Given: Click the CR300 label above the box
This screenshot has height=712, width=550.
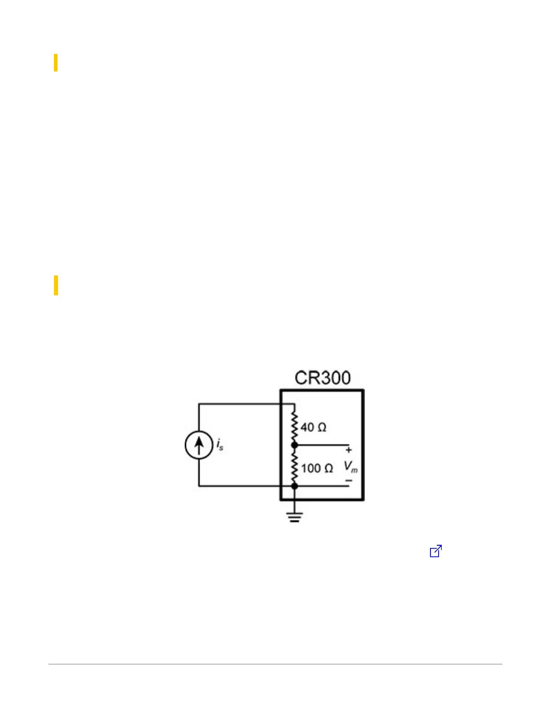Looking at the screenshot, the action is point(322,378).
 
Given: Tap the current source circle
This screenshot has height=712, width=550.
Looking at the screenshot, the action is point(199,431).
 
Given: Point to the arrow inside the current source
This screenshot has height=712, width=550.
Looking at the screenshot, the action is point(199,444).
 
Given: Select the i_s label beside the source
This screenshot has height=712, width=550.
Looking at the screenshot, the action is point(220,445).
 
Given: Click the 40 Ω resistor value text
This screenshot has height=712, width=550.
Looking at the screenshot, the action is point(313,427).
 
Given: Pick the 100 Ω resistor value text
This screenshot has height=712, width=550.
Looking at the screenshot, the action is point(317,468).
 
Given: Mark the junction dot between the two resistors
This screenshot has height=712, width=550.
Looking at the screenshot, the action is point(294,445).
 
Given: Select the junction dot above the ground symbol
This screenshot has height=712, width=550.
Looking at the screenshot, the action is point(294,486).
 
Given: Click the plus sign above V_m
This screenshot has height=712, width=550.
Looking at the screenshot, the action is point(349,450).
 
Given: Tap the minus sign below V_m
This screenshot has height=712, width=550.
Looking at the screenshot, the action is point(349,481).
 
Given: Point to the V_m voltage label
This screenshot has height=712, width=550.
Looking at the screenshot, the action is point(350,467).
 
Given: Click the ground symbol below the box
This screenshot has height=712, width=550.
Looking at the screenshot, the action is point(294,517).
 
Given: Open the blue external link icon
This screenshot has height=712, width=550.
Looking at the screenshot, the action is point(436,551).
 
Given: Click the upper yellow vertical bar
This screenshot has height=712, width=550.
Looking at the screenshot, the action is point(56,62).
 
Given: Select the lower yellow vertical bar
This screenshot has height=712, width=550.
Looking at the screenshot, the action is point(56,285).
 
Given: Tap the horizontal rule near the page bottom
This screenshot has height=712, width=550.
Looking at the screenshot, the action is point(275,664).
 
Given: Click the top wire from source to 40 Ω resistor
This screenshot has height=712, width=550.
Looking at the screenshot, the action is point(247,404).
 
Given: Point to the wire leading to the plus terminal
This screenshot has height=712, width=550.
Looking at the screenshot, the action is point(322,445).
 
